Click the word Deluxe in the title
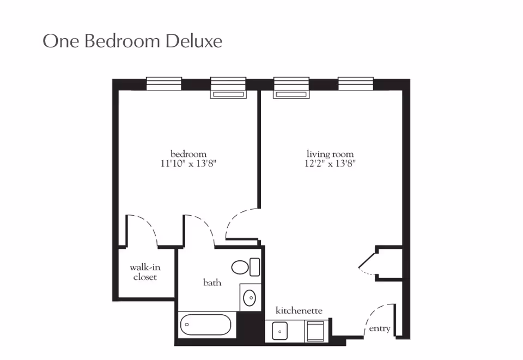pyautogui.click(x=194, y=41)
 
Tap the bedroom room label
pyautogui.click(x=188, y=154)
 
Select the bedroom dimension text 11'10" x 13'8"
pyautogui.click(x=188, y=163)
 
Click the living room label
pyautogui.click(x=330, y=154)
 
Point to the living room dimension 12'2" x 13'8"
pyautogui.click(x=330, y=163)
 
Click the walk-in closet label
pyautogui.click(x=145, y=272)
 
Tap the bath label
pyautogui.click(x=212, y=283)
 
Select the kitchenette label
pyautogui.click(x=299, y=310)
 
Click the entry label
pyautogui.click(x=380, y=328)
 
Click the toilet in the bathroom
pyautogui.click(x=246, y=267)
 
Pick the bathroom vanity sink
pyautogui.click(x=250, y=298)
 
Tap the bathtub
pyautogui.click(x=205, y=325)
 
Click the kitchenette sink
pyautogui.click(x=279, y=331)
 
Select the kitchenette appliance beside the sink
pyautogui.click(x=315, y=331)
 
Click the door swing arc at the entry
pyautogui.click(x=372, y=313)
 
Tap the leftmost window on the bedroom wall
pyautogui.click(x=164, y=84)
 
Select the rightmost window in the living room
pyautogui.click(x=356, y=84)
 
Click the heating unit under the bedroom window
pyautogui.click(x=228, y=94)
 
